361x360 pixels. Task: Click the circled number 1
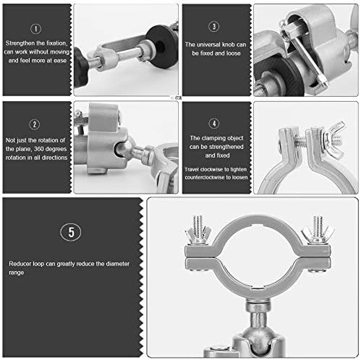click(x=35, y=29)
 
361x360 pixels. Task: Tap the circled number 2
click(x=35, y=124)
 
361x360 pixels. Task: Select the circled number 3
click(x=213, y=27)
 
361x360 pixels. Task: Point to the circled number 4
click(x=214, y=124)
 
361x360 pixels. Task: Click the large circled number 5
click(x=71, y=232)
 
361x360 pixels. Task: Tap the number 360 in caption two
click(x=38, y=149)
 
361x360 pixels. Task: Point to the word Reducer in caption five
click(x=20, y=264)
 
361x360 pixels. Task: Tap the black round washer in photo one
click(x=159, y=46)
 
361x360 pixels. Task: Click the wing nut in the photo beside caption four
click(x=334, y=140)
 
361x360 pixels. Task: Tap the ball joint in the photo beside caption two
click(x=124, y=148)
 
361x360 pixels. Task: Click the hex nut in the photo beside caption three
click(x=287, y=32)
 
